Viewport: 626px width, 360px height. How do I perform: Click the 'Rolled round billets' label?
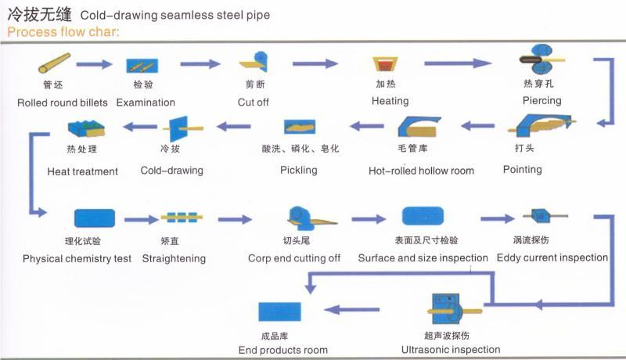point(63,102)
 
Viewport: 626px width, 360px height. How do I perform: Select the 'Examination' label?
point(146,102)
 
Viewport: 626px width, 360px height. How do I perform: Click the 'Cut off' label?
point(253,102)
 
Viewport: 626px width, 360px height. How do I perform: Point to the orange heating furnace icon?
point(383,64)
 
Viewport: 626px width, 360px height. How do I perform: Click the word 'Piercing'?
point(541,100)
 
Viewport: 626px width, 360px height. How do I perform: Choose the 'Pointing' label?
point(522,169)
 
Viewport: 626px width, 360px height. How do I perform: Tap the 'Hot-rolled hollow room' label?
point(421,171)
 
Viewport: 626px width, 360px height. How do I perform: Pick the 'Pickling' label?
point(298,170)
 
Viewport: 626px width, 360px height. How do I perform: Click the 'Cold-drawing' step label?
point(171,170)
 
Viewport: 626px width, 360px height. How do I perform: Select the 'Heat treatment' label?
point(82,171)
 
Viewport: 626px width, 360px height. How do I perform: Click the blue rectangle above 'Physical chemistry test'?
point(95,218)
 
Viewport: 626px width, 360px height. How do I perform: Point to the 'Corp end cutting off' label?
point(294,258)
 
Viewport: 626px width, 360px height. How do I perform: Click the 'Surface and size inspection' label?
point(423,257)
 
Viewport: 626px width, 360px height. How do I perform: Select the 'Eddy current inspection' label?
point(552,257)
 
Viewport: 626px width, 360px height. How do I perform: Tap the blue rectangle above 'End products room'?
point(280,310)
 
